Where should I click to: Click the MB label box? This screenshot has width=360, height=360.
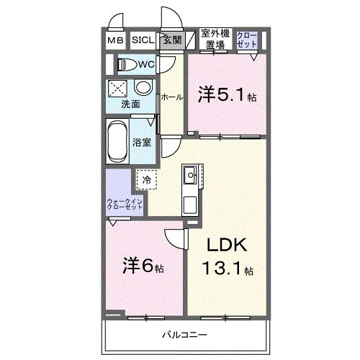pos(115,41)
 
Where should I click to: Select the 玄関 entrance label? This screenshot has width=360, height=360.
pos(171,41)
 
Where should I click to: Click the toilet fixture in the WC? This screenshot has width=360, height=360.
pos(127,65)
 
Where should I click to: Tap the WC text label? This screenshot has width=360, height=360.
pos(147,65)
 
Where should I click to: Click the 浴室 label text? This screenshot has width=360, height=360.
pos(142,142)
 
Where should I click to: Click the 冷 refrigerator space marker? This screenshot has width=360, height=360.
pos(146,179)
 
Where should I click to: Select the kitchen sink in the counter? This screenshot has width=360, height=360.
pos(190,175)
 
